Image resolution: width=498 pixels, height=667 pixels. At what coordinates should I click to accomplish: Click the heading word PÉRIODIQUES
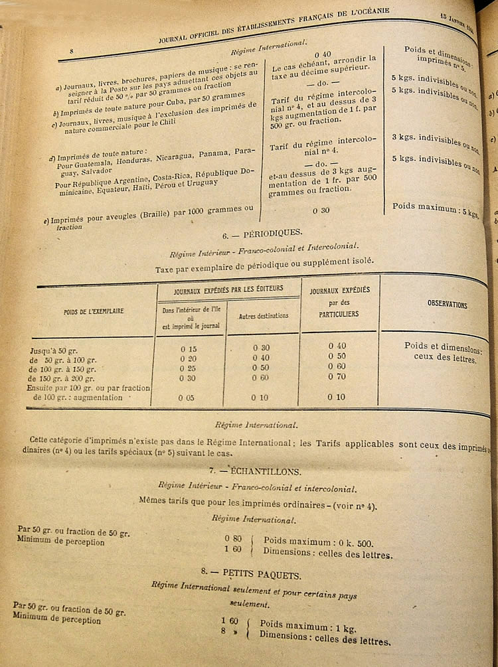click(x=274, y=233)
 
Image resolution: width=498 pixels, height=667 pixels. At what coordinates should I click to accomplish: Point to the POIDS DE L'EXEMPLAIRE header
click(x=94, y=310)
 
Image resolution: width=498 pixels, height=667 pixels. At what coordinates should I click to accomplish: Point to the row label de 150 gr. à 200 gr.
click(x=70, y=378)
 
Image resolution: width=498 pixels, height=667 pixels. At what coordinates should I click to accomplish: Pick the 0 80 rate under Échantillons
click(x=232, y=538)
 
